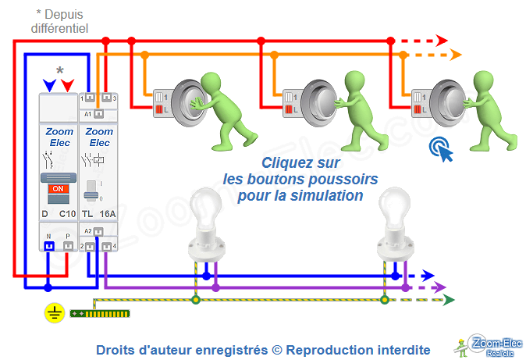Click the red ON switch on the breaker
[57, 189]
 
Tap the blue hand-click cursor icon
[442, 148]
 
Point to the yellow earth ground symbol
[54, 313]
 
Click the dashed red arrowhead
[442, 40]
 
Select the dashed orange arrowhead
[456, 54]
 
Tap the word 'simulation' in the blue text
[330, 195]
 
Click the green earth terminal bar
[99, 313]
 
